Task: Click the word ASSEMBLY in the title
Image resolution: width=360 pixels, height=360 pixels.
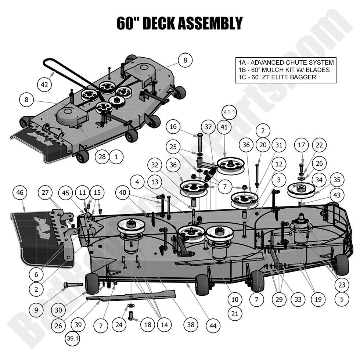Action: click(210, 23)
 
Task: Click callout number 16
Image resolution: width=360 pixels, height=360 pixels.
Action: click(174, 127)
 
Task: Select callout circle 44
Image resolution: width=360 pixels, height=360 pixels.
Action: click(213, 325)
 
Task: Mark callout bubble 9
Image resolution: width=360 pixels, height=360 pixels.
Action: click(36, 310)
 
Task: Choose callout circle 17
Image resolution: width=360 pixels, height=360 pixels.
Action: click(301, 145)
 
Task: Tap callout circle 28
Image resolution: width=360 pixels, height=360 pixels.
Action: click(102, 157)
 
